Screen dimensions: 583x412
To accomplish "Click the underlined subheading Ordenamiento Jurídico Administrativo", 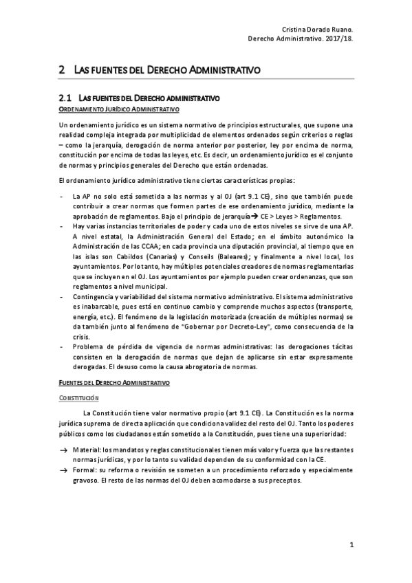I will point(119,110).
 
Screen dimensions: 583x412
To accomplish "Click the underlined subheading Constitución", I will point(79,397).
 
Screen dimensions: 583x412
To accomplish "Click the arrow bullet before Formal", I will point(63,469).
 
